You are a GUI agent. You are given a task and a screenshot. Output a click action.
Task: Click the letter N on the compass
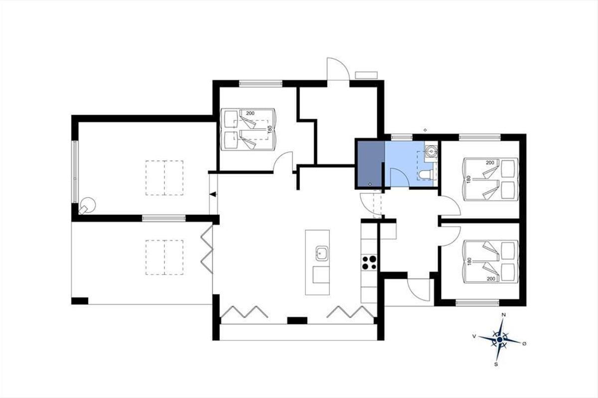point(504,315)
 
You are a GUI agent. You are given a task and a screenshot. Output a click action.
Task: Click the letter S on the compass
point(496,364)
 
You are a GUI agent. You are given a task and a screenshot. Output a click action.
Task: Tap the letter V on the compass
point(474,336)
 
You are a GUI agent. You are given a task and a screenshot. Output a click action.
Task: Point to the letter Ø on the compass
point(524,344)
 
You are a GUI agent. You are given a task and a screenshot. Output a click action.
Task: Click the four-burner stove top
point(369,263)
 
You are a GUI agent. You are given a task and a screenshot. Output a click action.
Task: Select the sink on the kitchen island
point(322,253)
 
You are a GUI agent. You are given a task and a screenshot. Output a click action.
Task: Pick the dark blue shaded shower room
point(370,164)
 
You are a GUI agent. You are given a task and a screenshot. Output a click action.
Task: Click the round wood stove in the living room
point(87,205)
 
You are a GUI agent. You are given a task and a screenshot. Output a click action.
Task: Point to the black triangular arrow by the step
point(213,195)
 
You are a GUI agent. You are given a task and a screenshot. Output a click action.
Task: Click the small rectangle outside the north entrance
point(366,75)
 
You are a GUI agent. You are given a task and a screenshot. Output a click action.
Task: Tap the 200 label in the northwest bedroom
point(250,113)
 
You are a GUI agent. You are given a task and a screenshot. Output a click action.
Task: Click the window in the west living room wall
point(75,172)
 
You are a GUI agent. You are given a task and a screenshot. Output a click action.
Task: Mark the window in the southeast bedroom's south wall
point(477,302)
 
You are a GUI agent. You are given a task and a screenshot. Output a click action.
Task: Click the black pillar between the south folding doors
point(297,320)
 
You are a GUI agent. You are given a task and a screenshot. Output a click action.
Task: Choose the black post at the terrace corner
point(80,300)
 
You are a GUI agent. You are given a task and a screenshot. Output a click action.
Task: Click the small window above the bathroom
point(402,137)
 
